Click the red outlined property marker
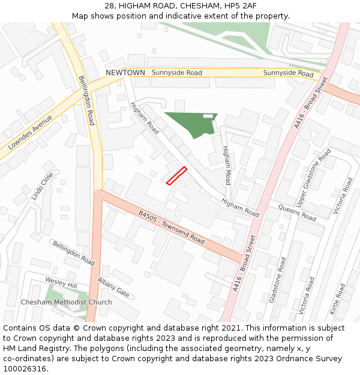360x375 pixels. pyautogui.click(x=176, y=175)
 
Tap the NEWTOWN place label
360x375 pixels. pyautogui.click(x=125, y=73)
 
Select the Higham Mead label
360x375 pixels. pyautogui.click(x=227, y=165)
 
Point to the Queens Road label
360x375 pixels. pyautogui.click(x=296, y=212)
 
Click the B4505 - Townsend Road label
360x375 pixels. pyautogui.click(x=172, y=226)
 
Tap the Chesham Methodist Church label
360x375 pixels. pyautogui.click(x=66, y=302)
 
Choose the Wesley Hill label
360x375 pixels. pyautogui.click(x=61, y=283)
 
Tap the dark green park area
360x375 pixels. pyautogui.click(x=188, y=122)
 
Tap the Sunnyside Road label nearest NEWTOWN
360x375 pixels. pyautogui.click(x=176, y=73)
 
